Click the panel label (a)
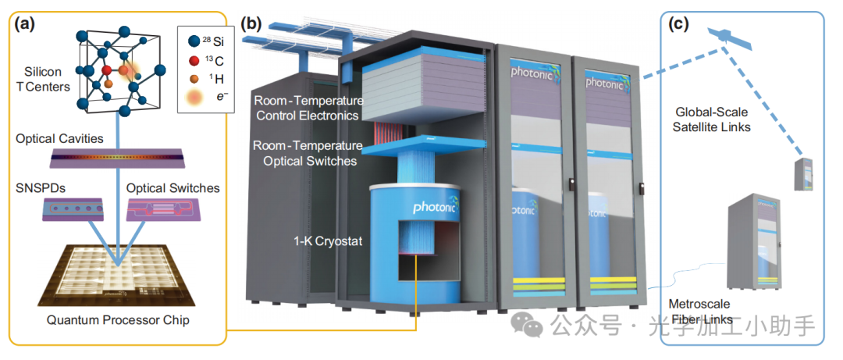(22, 24)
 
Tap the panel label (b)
(251, 24)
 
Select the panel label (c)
(679, 24)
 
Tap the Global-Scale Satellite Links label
(711, 119)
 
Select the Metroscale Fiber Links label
(700, 312)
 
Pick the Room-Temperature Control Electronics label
(306, 108)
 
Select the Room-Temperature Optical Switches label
(306, 154)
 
